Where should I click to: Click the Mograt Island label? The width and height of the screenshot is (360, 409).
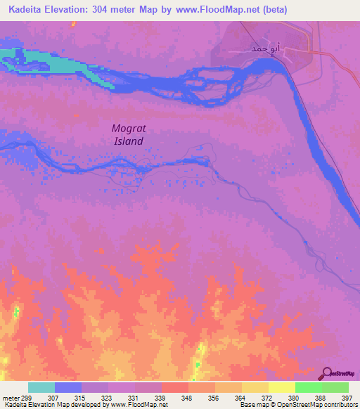coord(129,134)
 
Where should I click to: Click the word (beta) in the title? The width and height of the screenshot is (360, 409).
coord(274,10)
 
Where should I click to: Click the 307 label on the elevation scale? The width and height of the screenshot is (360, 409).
coord(53,398)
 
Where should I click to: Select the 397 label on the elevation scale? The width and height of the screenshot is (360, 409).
coord(347,398)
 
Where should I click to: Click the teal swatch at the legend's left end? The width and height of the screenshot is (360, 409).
coord(41,387)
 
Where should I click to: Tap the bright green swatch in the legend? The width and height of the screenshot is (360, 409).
coord(308,387)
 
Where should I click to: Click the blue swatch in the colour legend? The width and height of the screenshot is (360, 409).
coord(68,387)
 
